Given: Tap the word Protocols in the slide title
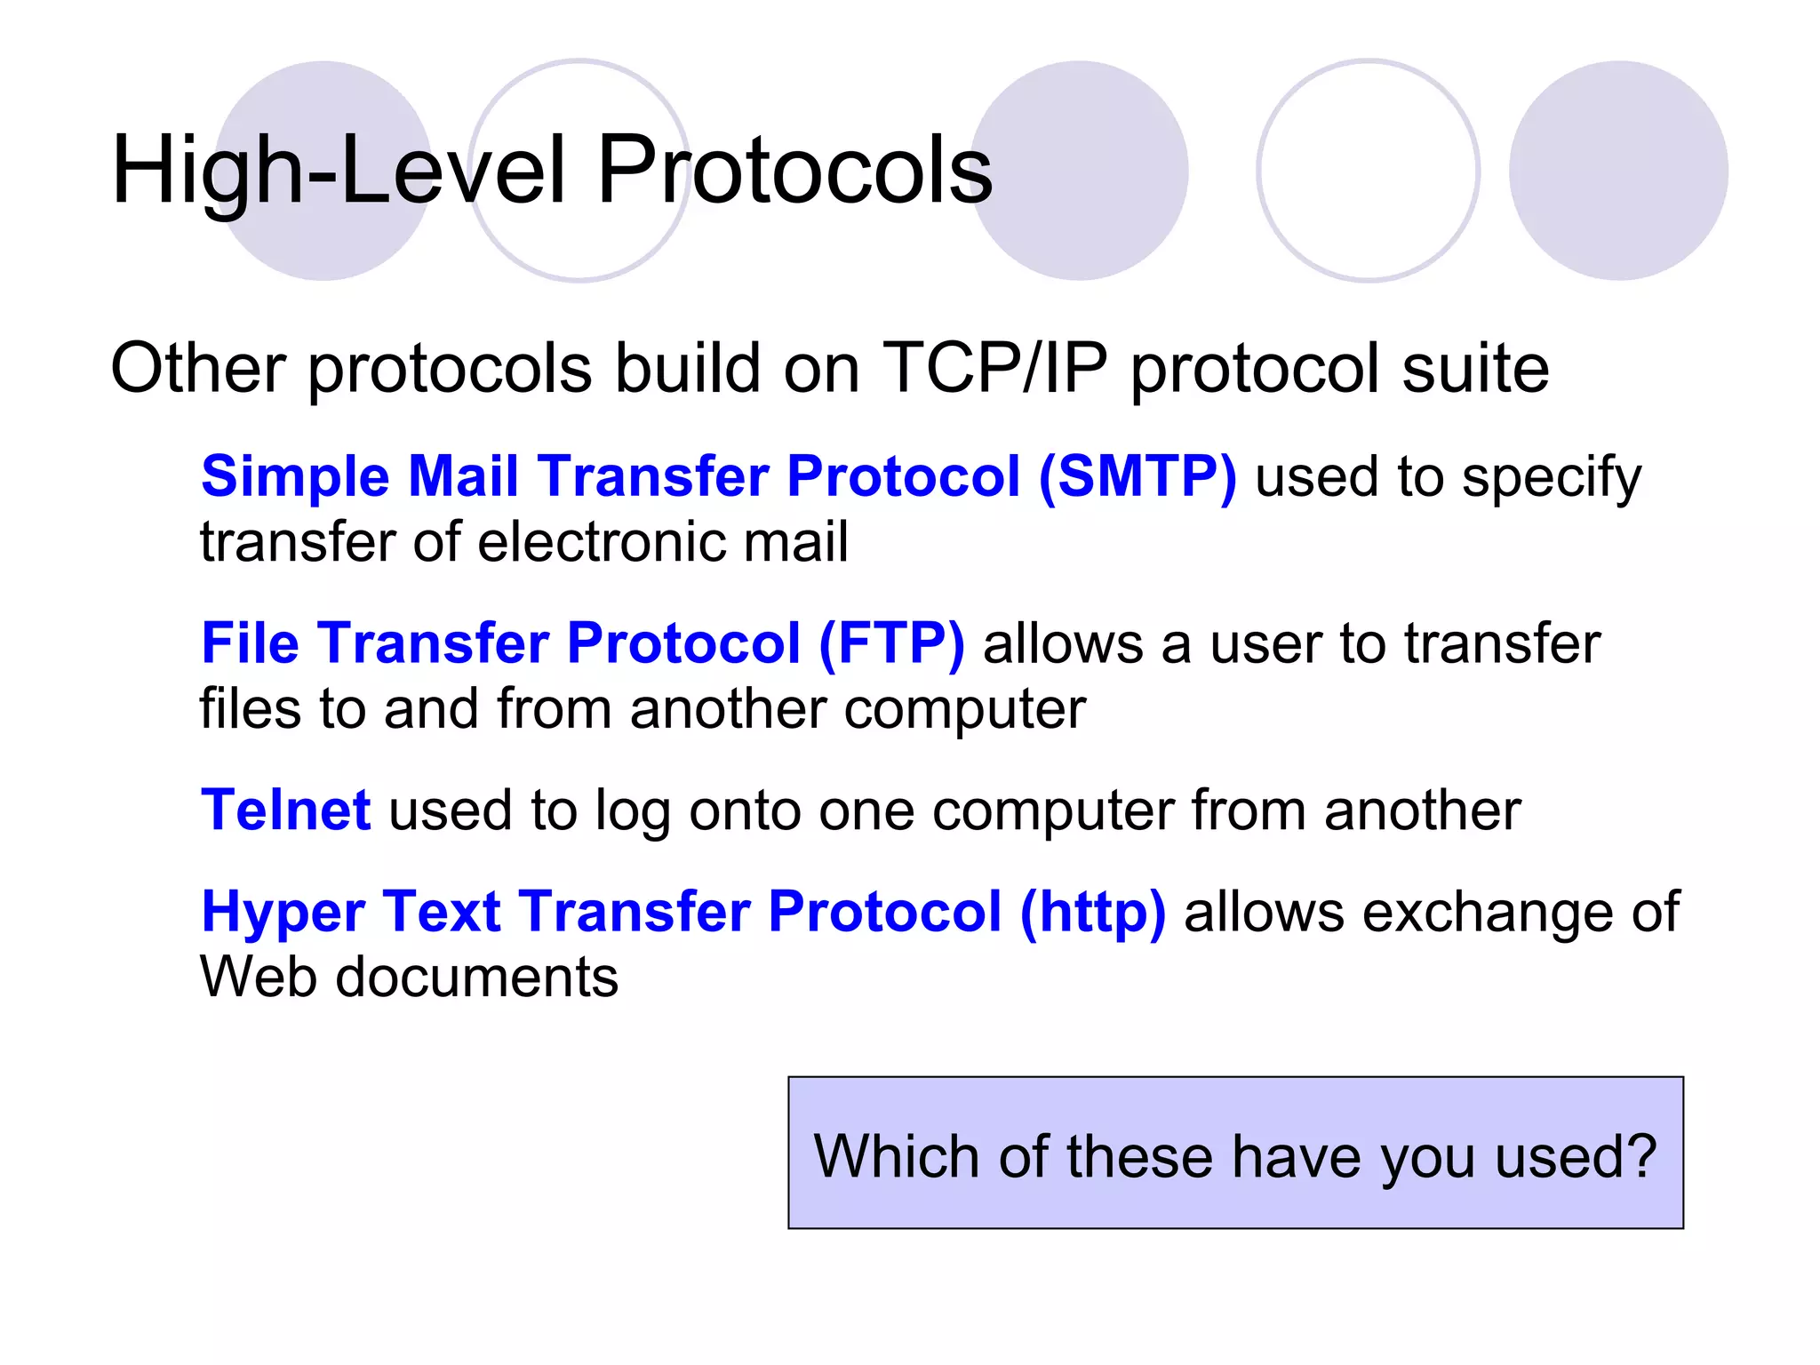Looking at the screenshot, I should (794, 171).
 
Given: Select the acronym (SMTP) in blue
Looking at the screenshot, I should (1137, 476).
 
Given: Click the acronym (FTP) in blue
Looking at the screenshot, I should (891, 643).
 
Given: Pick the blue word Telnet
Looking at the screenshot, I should (285, 810).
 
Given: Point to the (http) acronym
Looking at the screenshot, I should (1092, 912).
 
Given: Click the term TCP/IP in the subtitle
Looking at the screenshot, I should (995, 368).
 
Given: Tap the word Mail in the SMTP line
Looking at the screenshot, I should (462, 476).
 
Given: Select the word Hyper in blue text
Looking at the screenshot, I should (283, 914).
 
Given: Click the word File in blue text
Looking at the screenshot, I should (250, 643).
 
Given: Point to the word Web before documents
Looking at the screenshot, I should (259, 978).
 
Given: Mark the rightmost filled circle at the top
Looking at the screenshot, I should (1618, 171).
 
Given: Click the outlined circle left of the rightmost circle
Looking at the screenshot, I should (1368, 171).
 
